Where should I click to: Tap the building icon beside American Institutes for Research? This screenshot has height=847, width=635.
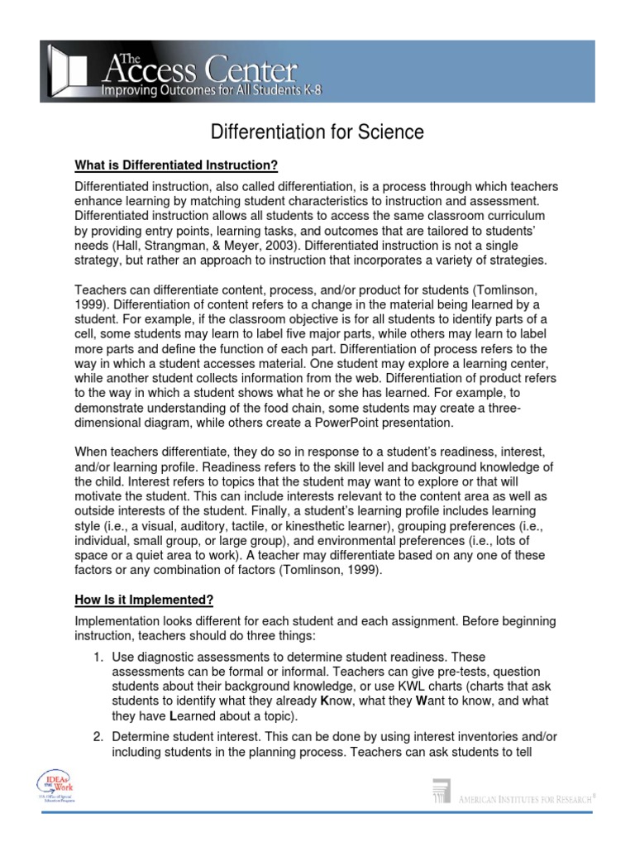442,792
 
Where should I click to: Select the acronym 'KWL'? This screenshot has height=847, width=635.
419,685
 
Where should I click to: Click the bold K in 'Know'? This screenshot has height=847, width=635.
324,701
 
